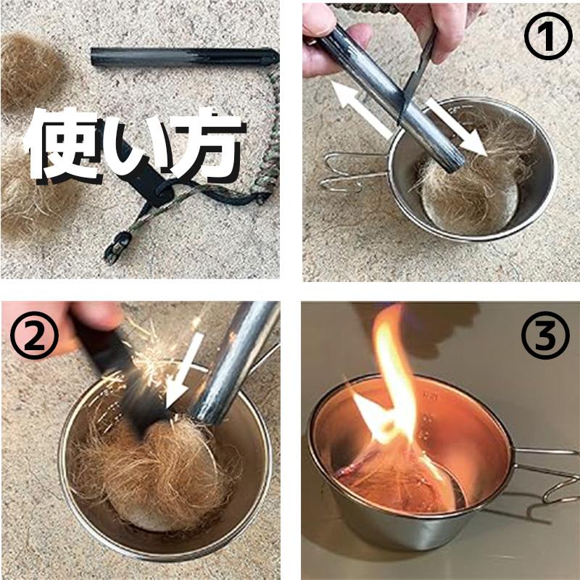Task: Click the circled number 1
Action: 548,36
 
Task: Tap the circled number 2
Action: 34,336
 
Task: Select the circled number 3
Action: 545,335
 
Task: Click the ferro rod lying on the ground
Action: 184,57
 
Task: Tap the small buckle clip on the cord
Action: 117,247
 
